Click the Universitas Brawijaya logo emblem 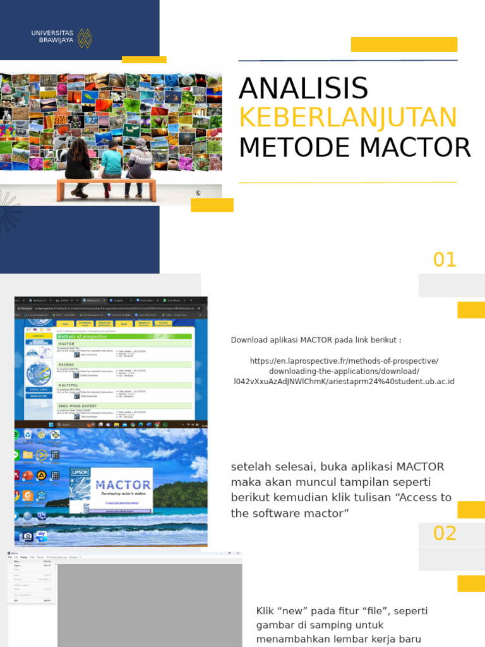pos(85,38)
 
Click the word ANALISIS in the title pos(303,88)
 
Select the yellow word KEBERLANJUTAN pos(347,118)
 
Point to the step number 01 pos(445,260)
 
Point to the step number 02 pos(445,533)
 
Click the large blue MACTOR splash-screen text pos(123,485)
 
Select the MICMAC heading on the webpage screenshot pos(66,365)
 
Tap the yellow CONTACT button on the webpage pos(39,336)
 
